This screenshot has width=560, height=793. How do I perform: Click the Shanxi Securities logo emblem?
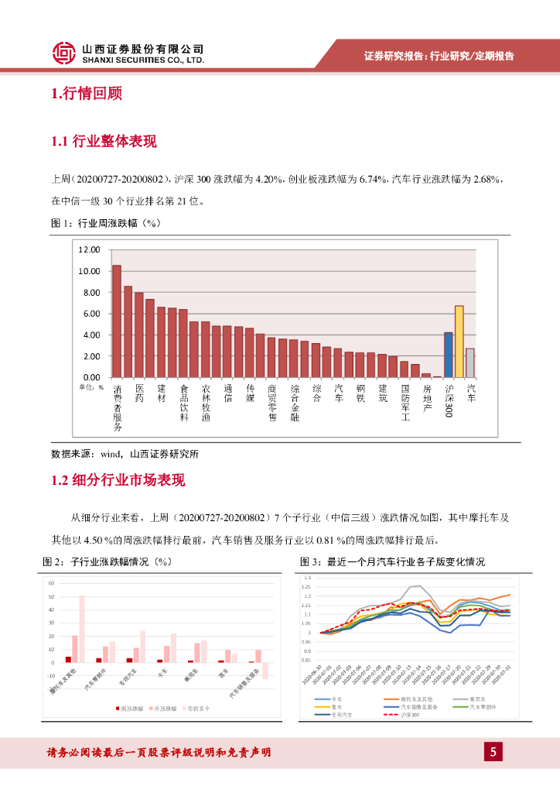tap(63, 53)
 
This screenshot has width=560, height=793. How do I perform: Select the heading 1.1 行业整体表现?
tap(104, 141)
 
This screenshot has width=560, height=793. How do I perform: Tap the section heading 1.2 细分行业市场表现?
tap(118, 480)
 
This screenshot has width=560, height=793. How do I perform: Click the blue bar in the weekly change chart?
tap(448, 354)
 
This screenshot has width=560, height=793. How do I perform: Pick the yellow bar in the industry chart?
tap(459, 341)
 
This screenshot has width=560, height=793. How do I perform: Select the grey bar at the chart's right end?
tap(470, 362)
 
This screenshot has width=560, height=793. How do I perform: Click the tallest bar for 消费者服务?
tap(117, 321)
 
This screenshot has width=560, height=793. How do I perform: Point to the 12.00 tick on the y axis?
tap(90, 250)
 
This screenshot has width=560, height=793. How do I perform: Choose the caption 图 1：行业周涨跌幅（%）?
tap(104, 223)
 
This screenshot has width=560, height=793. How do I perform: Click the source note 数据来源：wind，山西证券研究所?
tap(125, 454)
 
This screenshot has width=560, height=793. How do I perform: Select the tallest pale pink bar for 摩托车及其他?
tap(82, 629)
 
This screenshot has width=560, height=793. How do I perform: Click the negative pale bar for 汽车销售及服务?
tap(265, 671)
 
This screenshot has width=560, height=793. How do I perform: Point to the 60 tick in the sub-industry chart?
tap(51, 583)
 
